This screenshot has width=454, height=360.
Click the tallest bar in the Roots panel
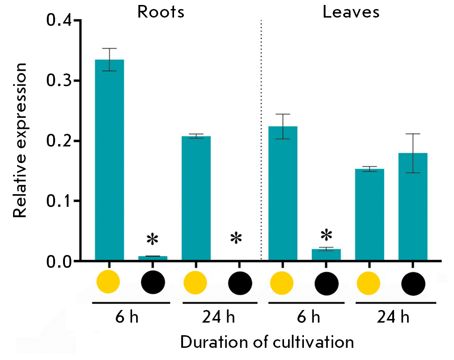coord(109,160)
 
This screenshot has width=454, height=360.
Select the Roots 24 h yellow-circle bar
coord(196,198)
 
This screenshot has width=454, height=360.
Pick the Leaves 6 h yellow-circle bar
coord(283,193)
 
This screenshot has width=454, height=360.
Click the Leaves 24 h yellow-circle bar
coord(370,214)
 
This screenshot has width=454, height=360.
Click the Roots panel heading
coord(161,12)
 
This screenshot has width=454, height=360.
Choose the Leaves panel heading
coord(351,12)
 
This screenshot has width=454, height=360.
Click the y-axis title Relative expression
coord(20,140)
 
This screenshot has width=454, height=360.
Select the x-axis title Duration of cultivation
coord(267,342)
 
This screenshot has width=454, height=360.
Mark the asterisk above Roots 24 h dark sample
coord(236,238)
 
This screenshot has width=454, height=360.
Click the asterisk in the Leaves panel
coord(326,235)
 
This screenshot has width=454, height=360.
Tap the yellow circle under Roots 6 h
coord(109,283)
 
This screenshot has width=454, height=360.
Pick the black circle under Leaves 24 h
coord(413,283)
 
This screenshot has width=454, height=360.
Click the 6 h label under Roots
coord(126,317)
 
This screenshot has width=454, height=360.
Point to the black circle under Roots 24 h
coord(240,283)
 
